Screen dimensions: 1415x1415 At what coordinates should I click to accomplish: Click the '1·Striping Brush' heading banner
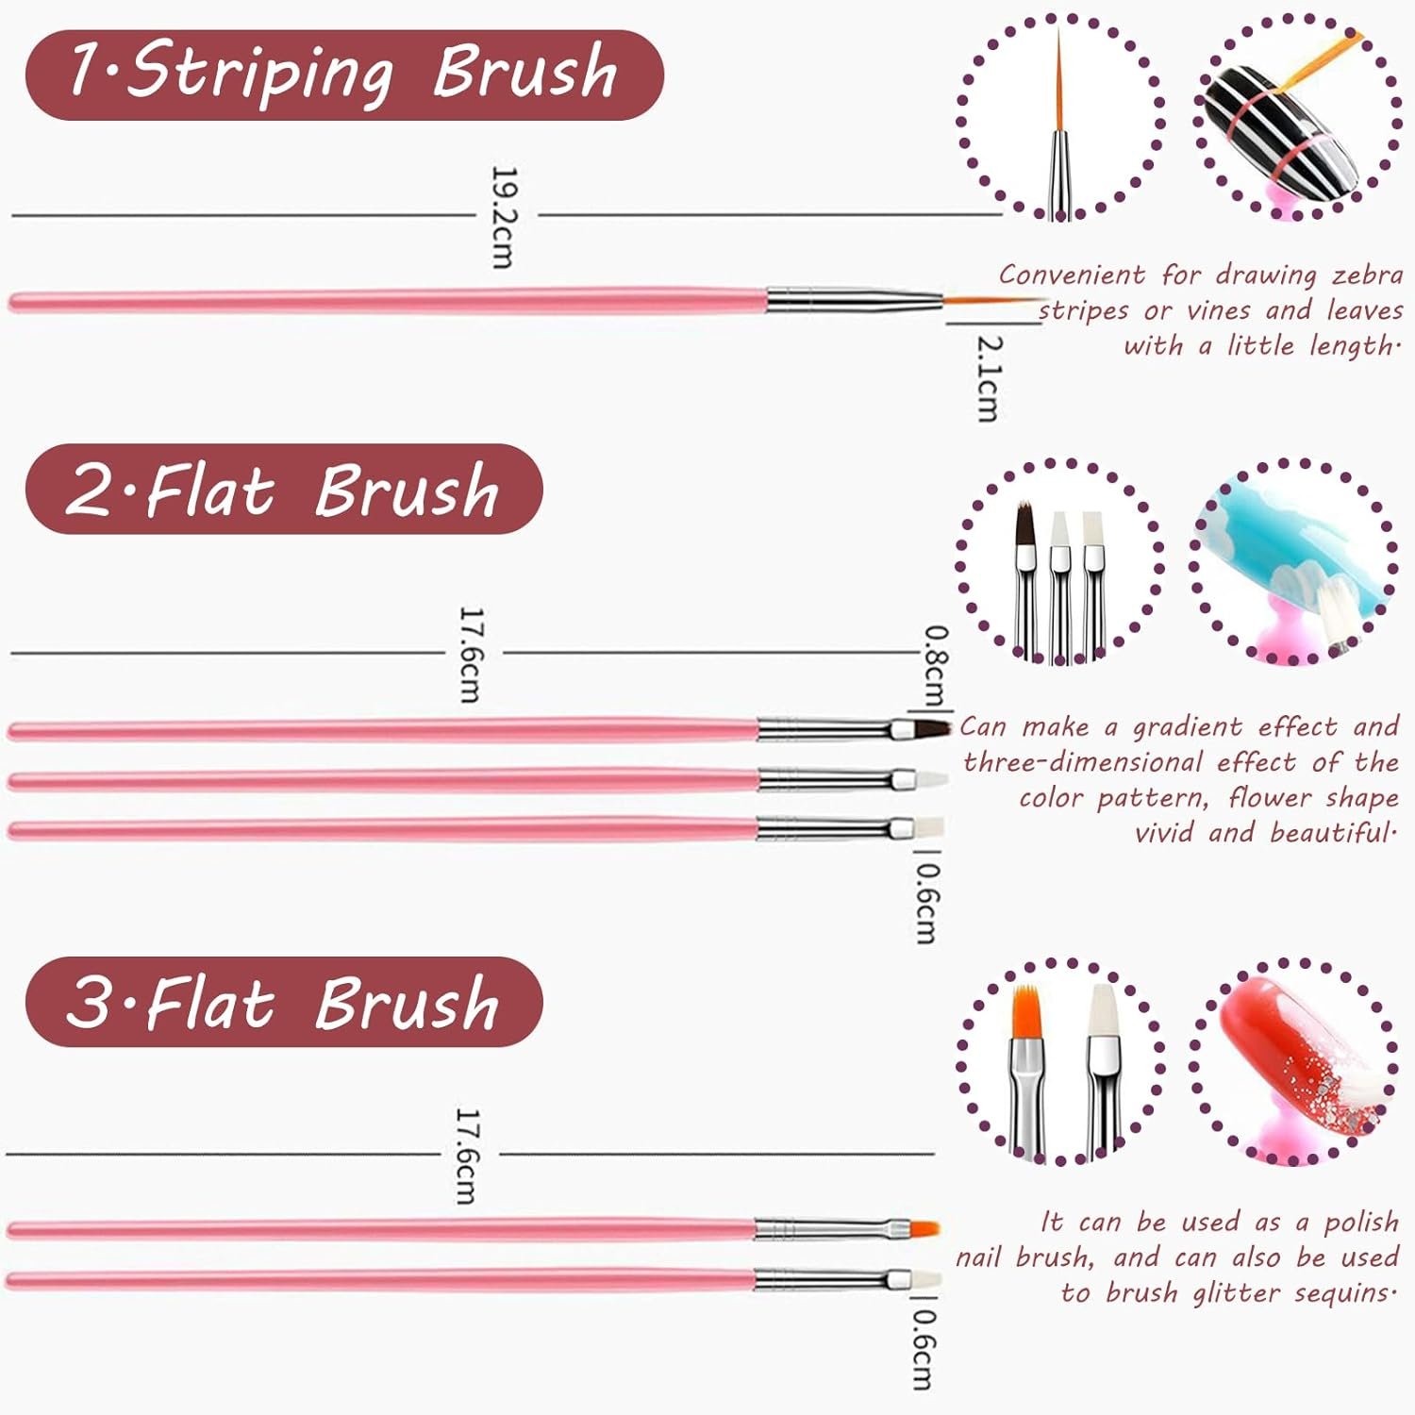(344, 75)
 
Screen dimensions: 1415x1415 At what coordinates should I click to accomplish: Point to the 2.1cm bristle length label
(988, 377)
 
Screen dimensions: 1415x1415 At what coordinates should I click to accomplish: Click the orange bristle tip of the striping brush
(990, 301)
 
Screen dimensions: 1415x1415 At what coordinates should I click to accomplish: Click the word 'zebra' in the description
(1368, 275)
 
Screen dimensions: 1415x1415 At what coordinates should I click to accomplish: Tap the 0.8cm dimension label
(933, 665)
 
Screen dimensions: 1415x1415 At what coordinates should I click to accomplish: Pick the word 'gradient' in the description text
(1187, 727)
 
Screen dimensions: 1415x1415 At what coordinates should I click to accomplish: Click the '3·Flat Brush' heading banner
(284, 1002)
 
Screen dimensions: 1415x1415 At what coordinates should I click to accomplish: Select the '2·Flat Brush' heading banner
(284, 489)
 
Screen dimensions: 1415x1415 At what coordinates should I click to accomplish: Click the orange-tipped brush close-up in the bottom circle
(1027, 1066)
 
